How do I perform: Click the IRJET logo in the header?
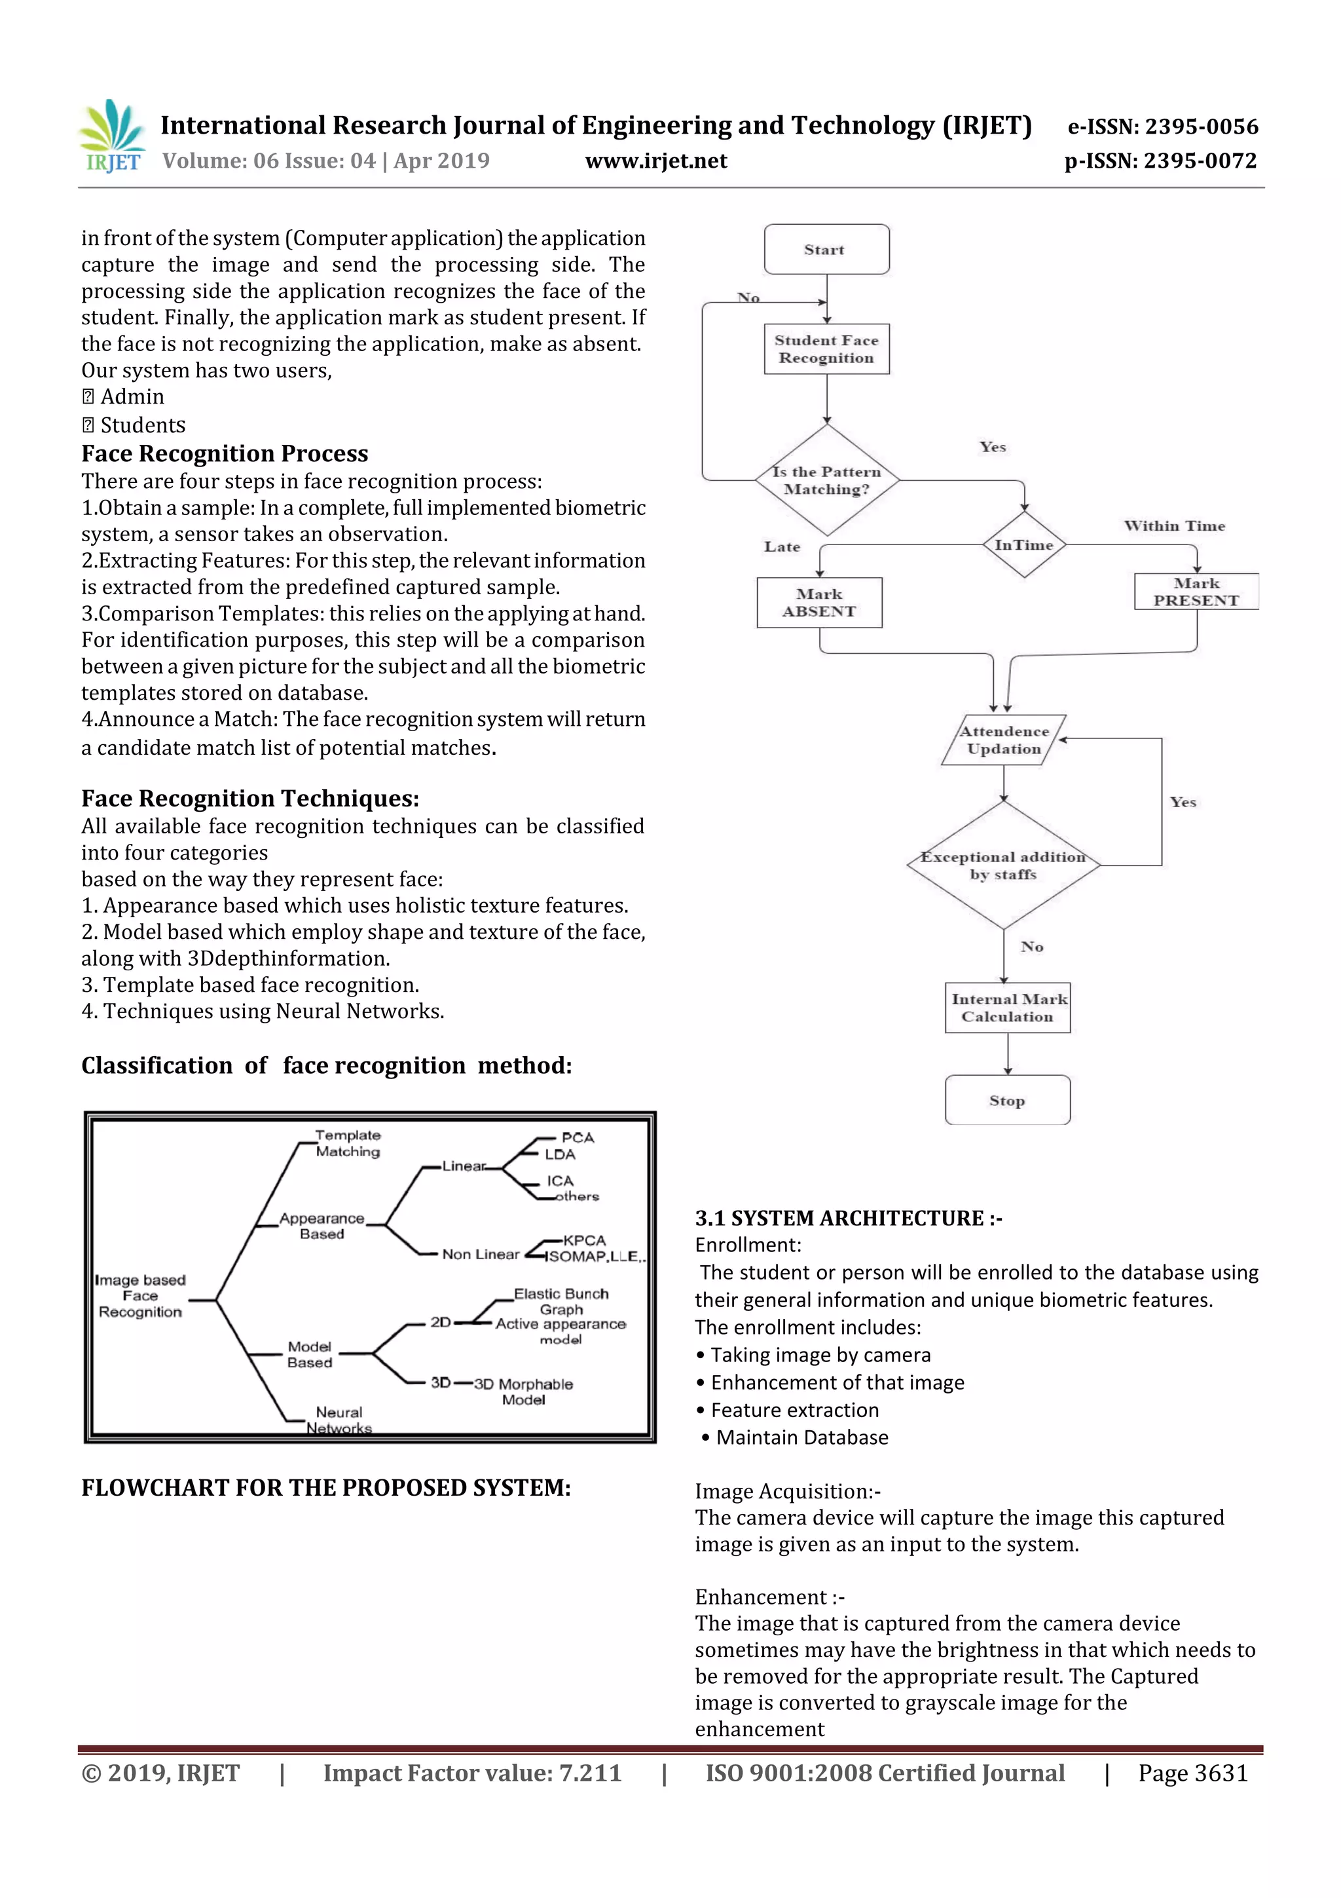click(113, 136)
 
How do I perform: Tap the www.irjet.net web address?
click(656, 161)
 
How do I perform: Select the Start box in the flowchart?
click(826, 249)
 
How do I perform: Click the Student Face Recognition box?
click(826, 349)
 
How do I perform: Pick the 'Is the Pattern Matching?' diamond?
click(826, 480)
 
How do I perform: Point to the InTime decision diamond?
click(1023, 544)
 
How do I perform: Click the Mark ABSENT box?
click(819, 603)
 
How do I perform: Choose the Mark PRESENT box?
click(1196, 592)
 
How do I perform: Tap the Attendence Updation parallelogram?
click(1004, 740)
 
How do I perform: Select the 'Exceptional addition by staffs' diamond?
click(1003, 865)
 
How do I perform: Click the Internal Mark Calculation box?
click(1007, 1008)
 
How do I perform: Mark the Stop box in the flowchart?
click(1007, 1100)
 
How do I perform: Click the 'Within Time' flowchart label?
click(1174, 525)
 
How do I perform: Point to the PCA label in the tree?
click(578, 1137)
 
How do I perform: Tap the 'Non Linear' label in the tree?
click(480, 1254)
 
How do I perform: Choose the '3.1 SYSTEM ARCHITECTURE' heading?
click(849, 1218)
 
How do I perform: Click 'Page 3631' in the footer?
click(1192, 1772)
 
